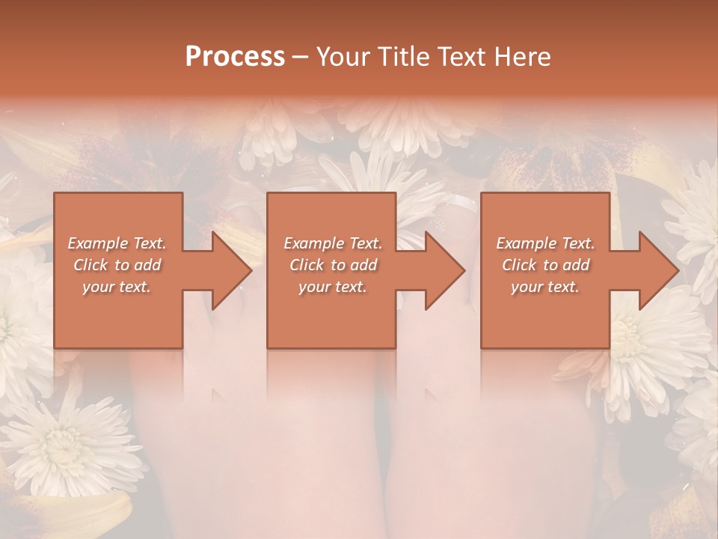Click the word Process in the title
(x=235, y=57)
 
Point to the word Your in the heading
(x=341, y=57)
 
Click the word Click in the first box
(x=90, y=265)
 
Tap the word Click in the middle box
(x=306, y=265)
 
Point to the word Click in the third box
(x=518, y=265)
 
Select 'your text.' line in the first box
(x=117, y=287)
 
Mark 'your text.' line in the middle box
(x=332, y=287)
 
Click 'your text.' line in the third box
(x=545, y=287)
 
